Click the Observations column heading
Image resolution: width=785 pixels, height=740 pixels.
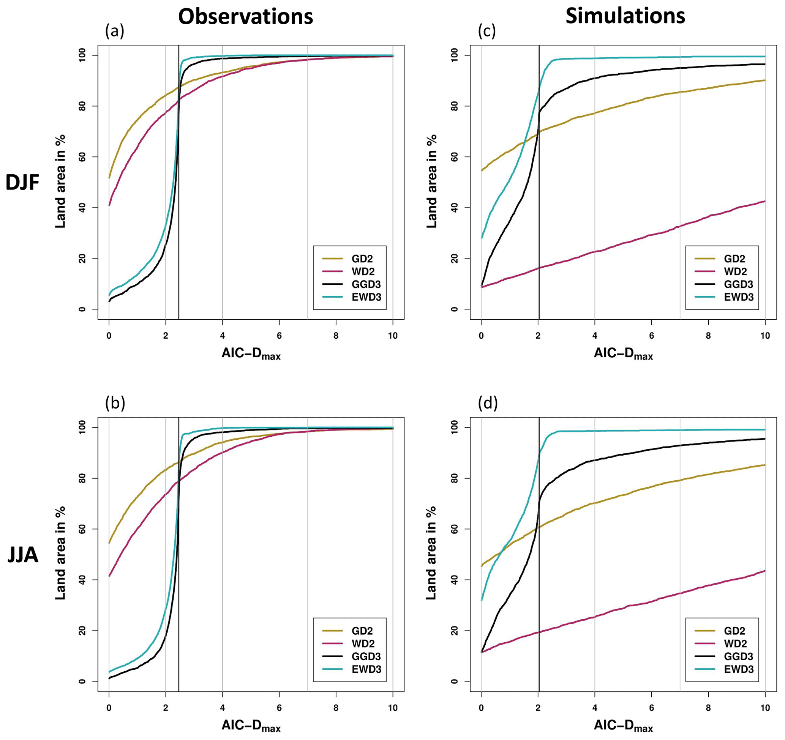coord(245,17)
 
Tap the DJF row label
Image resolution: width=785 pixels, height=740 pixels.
coord(22,183)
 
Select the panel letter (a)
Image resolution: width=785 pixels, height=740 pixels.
coord(115,31)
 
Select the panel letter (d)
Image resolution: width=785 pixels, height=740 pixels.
coord(488,403)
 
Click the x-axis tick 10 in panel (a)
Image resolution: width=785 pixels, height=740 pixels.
coord(393,336)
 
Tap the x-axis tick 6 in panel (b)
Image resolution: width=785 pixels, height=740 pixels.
coord(279,708)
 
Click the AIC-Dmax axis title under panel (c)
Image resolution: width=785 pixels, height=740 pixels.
coord(623,354)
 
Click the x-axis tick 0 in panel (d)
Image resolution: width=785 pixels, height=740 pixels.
coord(481,708)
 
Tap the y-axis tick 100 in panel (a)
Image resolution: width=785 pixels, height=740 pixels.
coord(82,55)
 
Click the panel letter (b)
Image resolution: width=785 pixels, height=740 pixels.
coord(115,403)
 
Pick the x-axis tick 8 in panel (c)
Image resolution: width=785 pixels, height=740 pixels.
coord(708,336)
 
